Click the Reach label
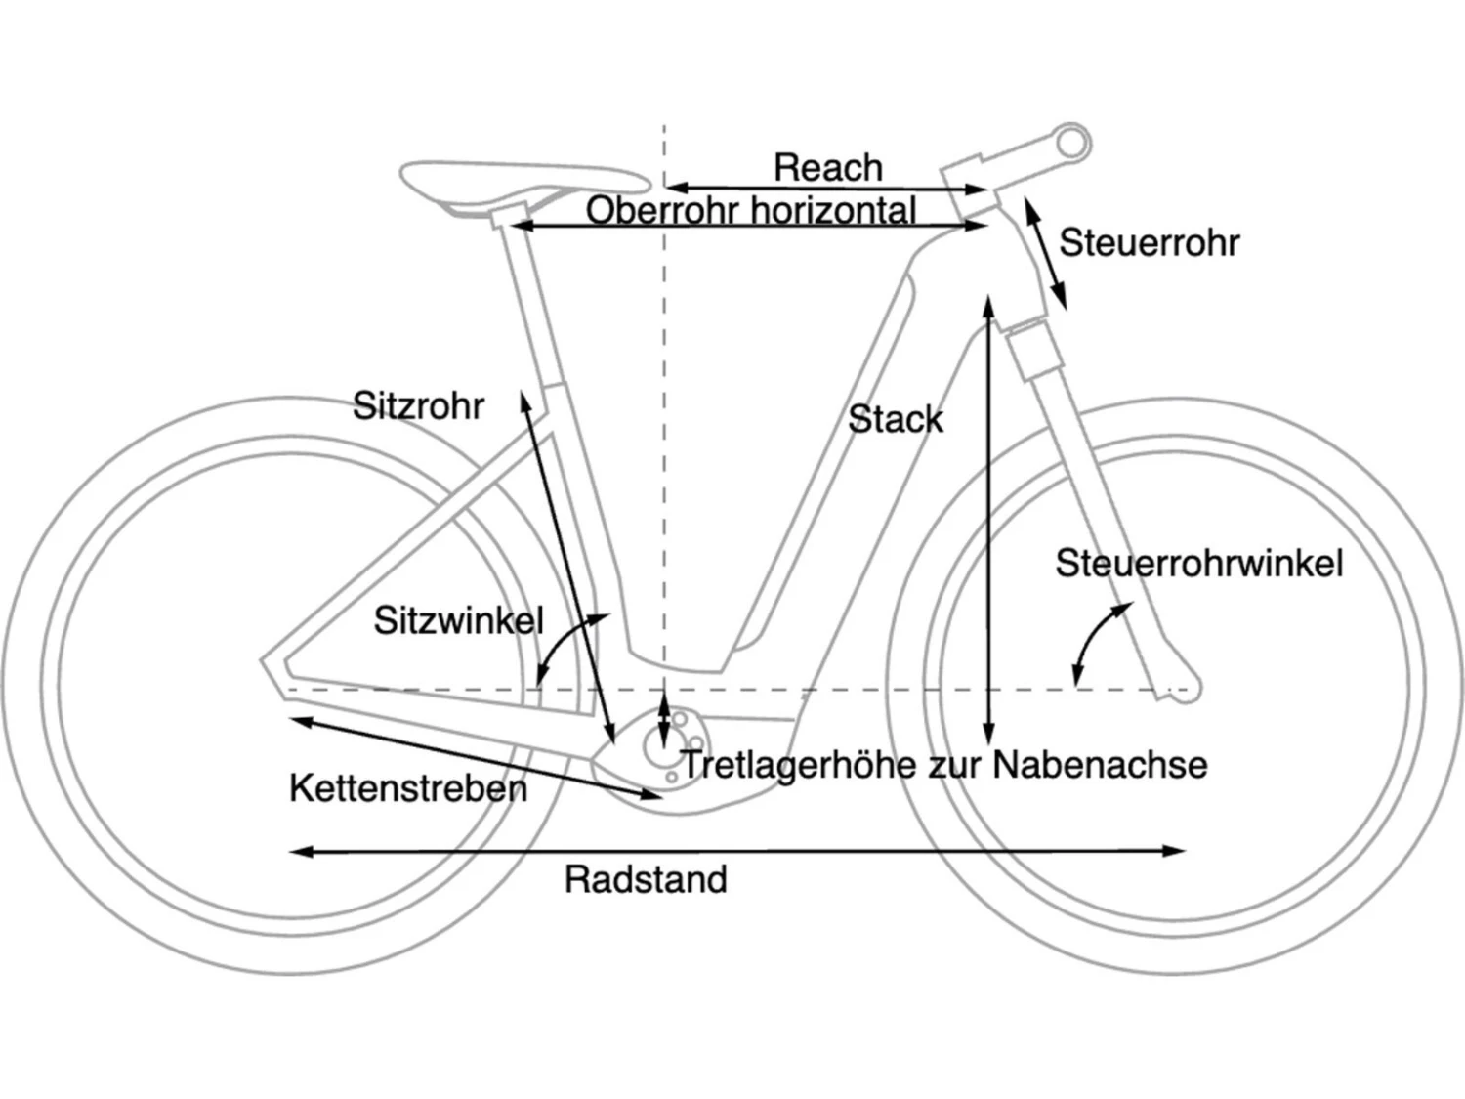(x=827, y=167)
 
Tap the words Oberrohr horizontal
(x=750, y=210)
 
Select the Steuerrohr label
(x=1149, y=242)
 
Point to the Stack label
(x=895, y=419)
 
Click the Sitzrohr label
(x=418, y=405)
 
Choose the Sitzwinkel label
(x=458, y=620)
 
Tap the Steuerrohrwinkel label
(x=1198, y=563)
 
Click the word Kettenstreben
(x=407, y=787)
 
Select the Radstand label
(x=646, y=879)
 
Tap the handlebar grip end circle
(x=1072, y=143)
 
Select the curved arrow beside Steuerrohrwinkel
(x=1097, y=639)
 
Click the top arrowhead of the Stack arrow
(x=988, y=304)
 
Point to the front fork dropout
(x=1182, y=690)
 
